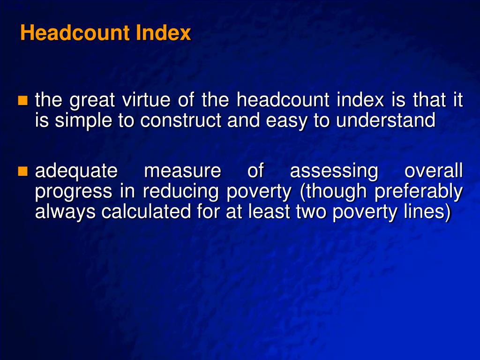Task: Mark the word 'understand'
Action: tap(386, 121)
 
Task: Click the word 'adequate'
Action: tap(76, 172)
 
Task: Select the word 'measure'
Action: tap(182, 171)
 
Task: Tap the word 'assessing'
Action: tap(334, 172)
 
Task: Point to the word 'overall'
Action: tap(434, 171)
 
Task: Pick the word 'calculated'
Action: tap(144, 212)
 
